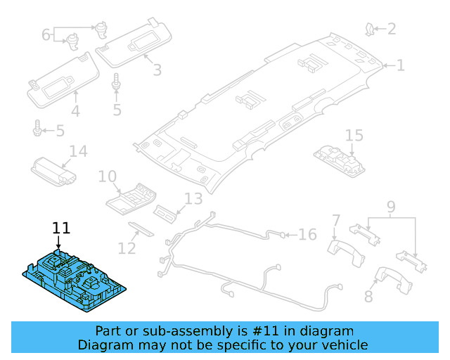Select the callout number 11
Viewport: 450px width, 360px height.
61,228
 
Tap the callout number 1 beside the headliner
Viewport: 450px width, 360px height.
401,65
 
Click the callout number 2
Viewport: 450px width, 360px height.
392,29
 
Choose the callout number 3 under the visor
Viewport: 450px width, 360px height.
157,70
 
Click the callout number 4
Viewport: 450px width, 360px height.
75,110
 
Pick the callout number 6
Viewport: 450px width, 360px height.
46,34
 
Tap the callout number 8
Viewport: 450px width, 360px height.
368,296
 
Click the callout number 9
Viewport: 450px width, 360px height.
392,207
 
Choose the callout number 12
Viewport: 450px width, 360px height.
127,247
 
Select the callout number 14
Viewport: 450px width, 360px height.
77,151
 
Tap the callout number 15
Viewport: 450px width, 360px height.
354,135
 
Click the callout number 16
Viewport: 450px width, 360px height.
307,234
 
